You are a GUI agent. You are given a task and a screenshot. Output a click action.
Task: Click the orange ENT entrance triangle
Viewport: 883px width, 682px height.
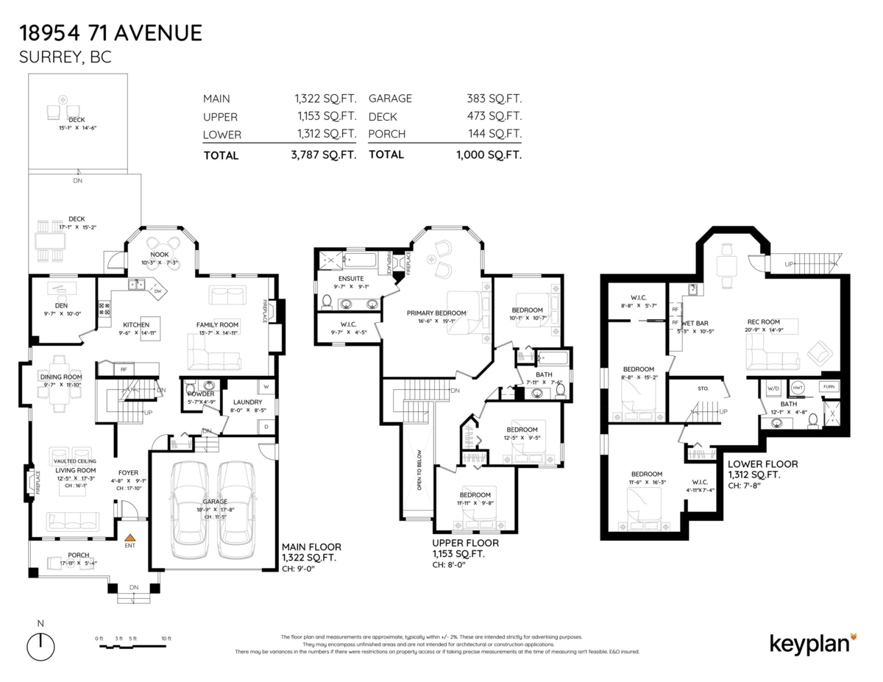coord(130,539)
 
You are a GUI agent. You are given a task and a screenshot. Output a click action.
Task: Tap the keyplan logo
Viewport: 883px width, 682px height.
coord(812,642)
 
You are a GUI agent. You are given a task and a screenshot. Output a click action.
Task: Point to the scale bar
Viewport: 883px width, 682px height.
coord(132,646)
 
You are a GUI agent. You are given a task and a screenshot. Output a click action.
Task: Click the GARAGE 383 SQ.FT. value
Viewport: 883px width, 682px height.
coord(494,99)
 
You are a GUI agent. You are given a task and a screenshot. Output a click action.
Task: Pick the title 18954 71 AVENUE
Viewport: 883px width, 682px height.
coord(110,33)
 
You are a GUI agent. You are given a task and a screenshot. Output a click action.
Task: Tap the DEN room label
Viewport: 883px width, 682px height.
coord(61,305)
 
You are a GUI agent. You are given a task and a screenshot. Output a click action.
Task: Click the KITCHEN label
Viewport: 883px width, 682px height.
coord(136,324)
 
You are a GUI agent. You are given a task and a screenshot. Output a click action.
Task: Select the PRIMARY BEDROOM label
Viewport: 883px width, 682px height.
coord(437,313)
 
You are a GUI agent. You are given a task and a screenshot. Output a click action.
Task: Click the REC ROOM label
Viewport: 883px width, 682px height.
coord(763,322)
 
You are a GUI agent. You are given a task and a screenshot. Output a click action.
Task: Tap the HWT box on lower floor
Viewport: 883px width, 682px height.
coord(798,386)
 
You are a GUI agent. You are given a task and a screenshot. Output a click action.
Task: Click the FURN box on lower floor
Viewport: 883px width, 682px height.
coord(828,386)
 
